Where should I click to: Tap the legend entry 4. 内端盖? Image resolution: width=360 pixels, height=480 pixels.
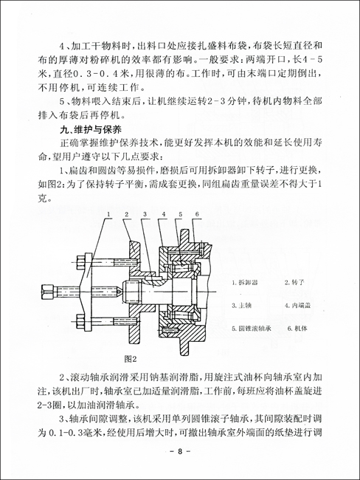point(298,304)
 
